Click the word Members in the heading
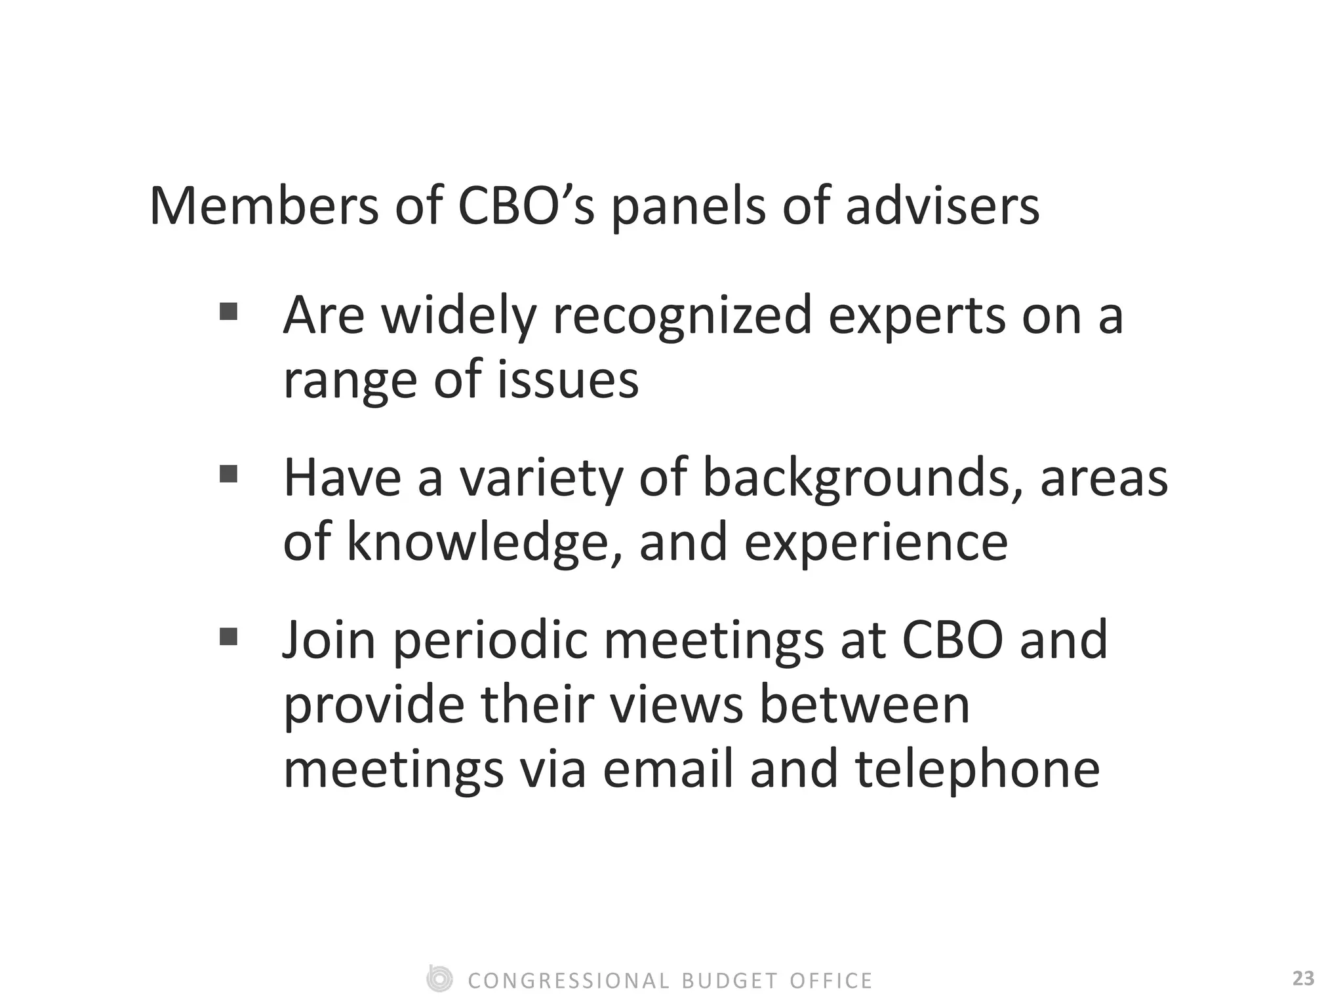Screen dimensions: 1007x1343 [264, 207]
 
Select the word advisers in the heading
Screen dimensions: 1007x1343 [942, 207]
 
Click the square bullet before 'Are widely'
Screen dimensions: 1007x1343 [228, 311]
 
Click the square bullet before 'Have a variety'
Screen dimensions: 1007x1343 [228, 473]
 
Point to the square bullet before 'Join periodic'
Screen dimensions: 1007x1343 [228, 636]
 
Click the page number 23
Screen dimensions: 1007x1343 [1303, 979]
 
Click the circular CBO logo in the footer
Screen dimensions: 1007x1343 [439, 979]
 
